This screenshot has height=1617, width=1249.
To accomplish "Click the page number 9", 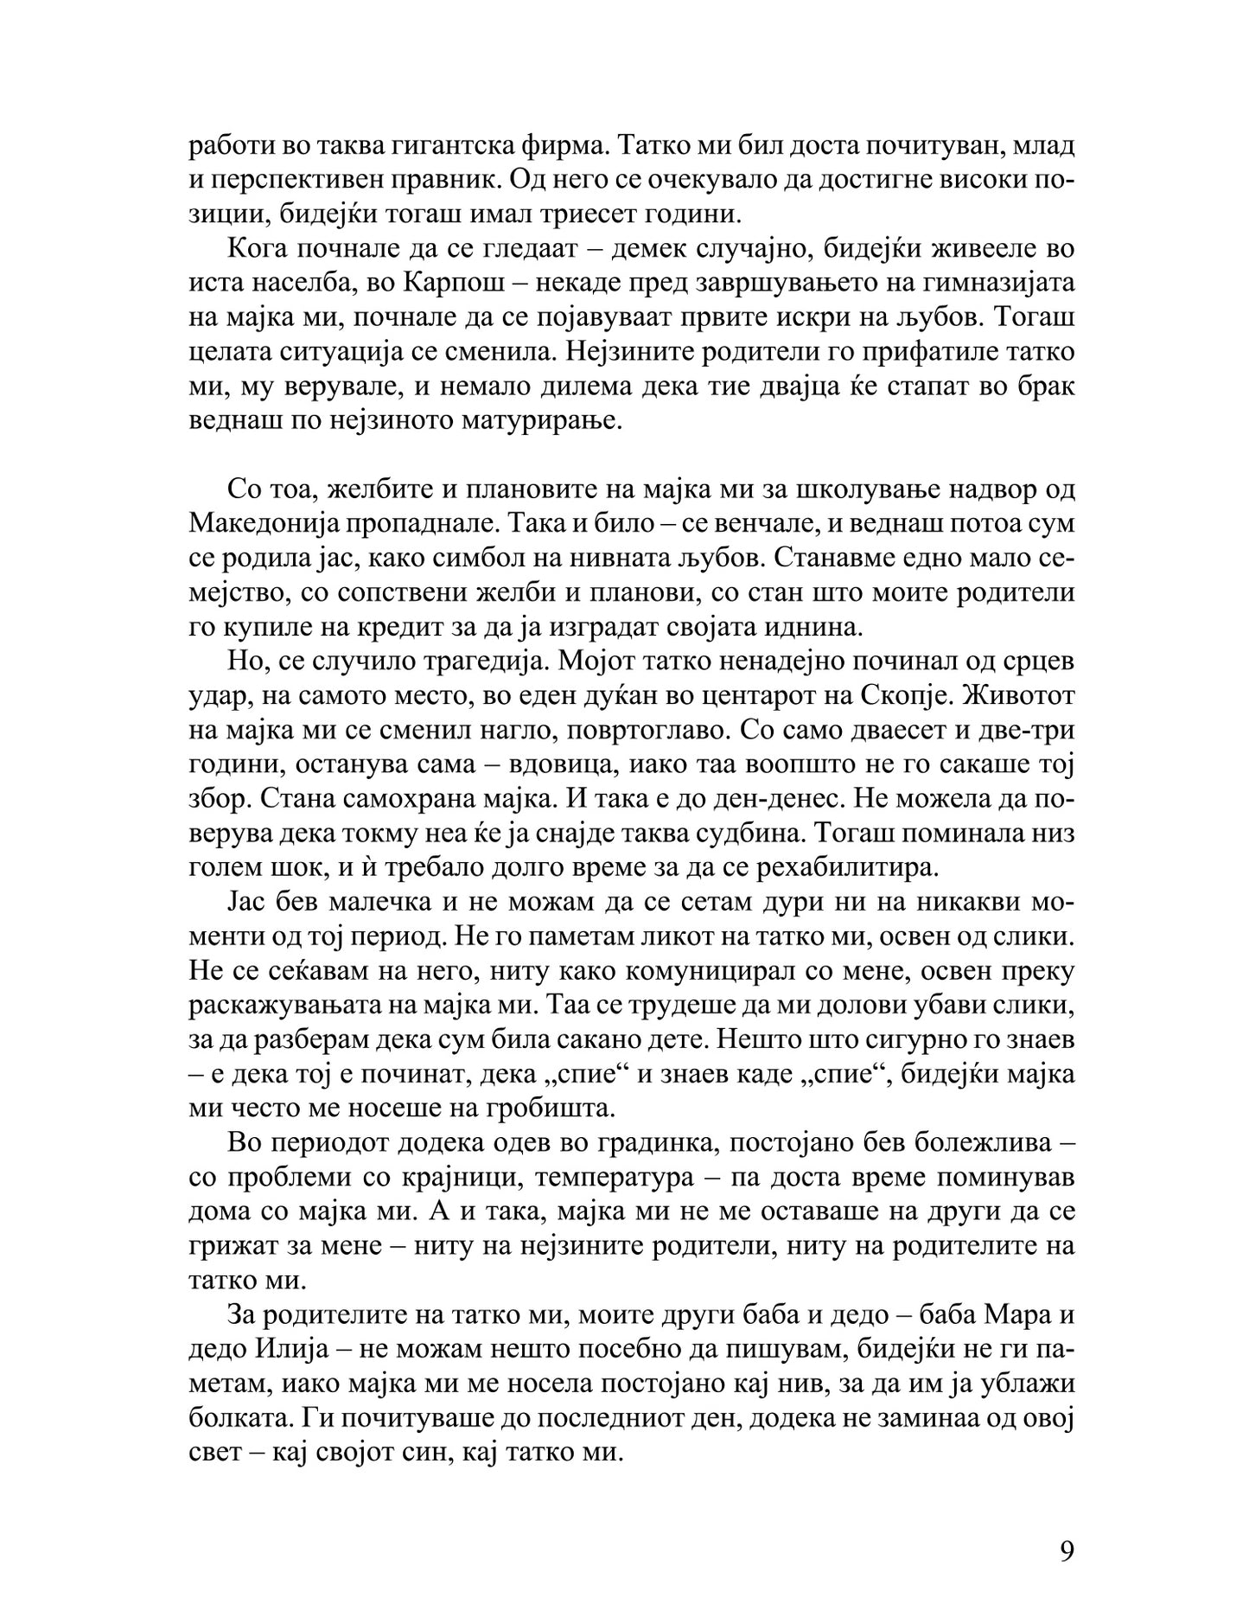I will pos(1066,1528).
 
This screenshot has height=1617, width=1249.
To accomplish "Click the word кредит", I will pos(379,628).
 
